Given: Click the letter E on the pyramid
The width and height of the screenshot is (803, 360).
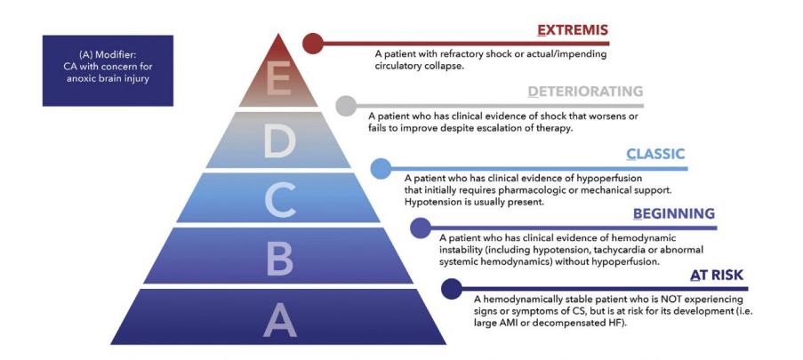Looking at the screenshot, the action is click(278, 78).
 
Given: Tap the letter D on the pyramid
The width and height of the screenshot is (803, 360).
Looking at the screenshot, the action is click(279, 140).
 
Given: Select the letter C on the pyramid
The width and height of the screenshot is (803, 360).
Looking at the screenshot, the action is click(279, 198).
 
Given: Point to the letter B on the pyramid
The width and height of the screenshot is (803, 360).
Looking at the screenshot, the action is click(279, 257).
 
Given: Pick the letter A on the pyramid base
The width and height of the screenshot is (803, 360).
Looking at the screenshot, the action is click(279, 319).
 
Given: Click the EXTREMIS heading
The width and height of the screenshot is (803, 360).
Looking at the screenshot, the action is click(572, 31).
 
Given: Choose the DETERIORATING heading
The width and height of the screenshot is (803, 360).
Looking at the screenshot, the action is click(585, 92).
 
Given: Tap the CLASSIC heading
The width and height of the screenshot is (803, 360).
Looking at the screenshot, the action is click(655, 154).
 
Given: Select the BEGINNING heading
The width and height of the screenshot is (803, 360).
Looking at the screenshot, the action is click(674, 213).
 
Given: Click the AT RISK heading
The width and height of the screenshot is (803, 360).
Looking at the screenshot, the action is click(717, 276).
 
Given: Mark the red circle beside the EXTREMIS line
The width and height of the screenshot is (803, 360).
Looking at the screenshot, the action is click(313, 44).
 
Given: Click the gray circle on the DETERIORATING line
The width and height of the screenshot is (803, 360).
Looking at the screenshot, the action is click(346, 106).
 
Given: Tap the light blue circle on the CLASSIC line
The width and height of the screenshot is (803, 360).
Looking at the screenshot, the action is click(381, 169).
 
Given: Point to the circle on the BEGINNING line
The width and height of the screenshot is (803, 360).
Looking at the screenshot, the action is click(421, 228).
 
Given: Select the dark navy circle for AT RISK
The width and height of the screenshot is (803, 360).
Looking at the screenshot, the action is click(452, 289).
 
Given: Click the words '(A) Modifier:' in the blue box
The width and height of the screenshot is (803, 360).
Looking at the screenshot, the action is click(108, 55).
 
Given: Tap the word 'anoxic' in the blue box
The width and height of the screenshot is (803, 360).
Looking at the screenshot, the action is click(80, 79).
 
